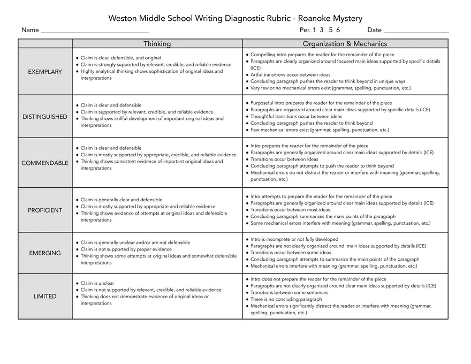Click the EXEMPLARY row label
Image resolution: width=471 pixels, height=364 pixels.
tap(45, 72)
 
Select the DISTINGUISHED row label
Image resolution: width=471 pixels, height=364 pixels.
tap(45, 117)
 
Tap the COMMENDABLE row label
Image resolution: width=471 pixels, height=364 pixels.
tap(45, 163)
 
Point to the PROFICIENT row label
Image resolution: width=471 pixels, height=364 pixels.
tap(45, 210)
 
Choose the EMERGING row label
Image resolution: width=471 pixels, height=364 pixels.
tap(45, 253)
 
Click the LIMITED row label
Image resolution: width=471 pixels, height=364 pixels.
tap(45, 297)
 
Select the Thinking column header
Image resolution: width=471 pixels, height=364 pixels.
tap(157, 44)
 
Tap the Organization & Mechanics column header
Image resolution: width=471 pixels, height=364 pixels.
tap(345, 44)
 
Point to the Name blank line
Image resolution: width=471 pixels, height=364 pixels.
tap(94, 31)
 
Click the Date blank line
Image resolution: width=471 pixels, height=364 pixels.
tap(416, 31)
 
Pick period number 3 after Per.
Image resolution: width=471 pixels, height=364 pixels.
tap(322, 30)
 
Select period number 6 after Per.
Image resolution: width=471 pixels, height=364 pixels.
tap(338, 30)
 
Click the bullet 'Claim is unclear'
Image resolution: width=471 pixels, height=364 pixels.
tap(97, 283)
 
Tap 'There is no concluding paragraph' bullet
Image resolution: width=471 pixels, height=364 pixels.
tap(286, 300)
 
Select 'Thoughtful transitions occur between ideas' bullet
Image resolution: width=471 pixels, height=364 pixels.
tap(296, 116)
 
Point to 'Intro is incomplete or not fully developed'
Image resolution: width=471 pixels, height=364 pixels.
tap(294, 239)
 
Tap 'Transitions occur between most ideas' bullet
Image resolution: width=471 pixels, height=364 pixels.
tap(290, 210)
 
